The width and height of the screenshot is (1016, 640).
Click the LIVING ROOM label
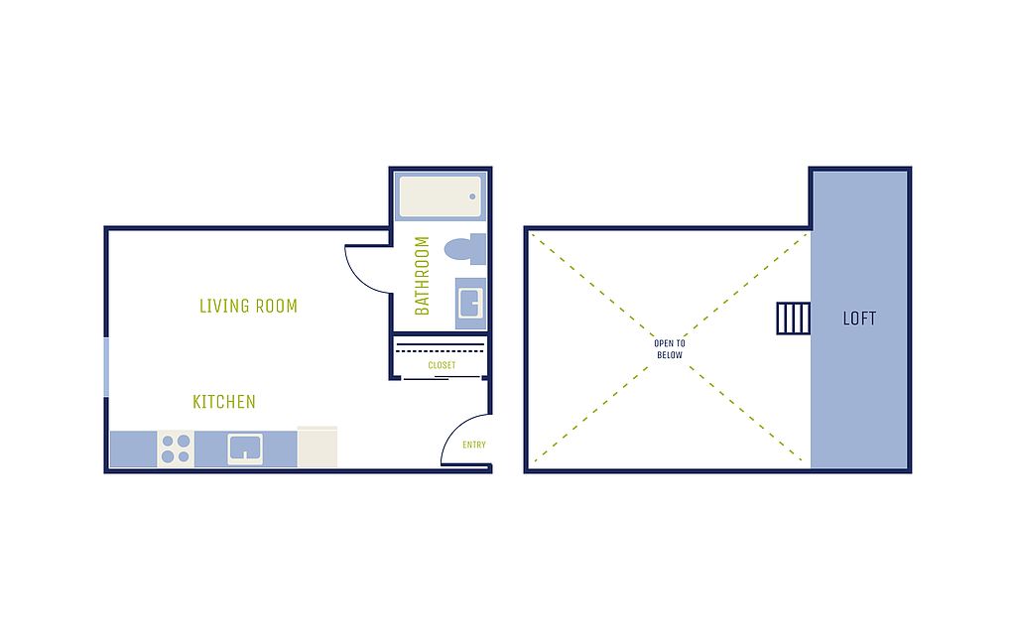click(248, 306)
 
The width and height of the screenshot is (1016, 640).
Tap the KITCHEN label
click(224, 402)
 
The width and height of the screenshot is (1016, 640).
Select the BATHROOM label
click(422, 275)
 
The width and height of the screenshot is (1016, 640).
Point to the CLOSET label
click(442, 365)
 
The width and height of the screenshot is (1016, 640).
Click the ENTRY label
click(474, 445)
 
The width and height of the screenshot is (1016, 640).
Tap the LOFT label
click(859, 319)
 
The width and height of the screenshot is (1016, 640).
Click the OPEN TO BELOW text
click(670, 349)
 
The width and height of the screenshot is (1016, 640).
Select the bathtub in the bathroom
click(441, 196)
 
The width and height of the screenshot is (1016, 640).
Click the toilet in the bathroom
click(465, 249)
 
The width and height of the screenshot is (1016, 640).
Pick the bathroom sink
click(470, 304)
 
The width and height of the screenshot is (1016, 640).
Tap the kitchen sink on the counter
click(246, 448)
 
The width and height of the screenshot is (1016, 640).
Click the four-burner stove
click(176, 448)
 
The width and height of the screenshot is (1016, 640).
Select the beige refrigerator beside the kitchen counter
click(317, 447)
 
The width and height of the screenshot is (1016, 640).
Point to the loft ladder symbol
click(794, 319)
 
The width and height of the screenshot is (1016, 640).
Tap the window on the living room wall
click(106, 367)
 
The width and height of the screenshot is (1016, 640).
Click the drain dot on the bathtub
click(472, 196)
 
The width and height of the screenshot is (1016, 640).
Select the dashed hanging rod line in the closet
click(440, 351)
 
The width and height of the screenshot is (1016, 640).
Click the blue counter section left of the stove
click(134, 448)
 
